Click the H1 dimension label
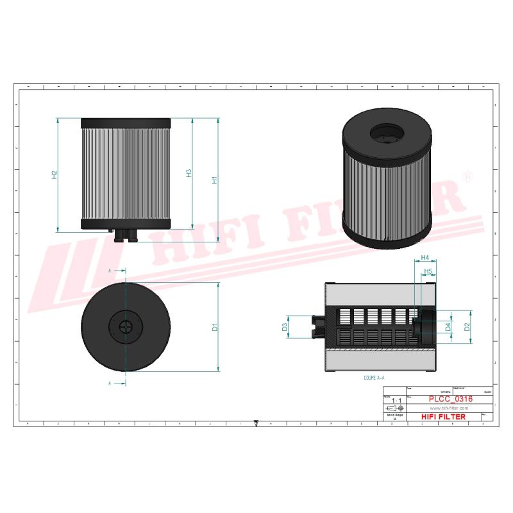point(215,180)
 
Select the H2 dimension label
point(55,174)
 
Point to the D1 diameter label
point(215,327)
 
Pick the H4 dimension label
point(424,258)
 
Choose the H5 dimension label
point(428,272)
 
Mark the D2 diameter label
point(467,326)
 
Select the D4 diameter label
point(448,326)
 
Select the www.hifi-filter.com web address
point(444,408)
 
